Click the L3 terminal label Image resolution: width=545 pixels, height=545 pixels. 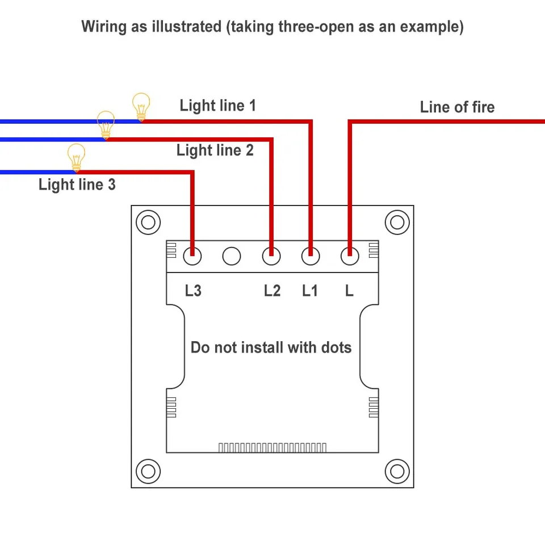click(x=193, y=291)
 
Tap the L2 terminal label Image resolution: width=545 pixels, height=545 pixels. click(x=272, y=291)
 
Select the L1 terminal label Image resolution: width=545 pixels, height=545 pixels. click(x=310, y=291)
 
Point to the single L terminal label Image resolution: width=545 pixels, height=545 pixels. click(x=349, y=291)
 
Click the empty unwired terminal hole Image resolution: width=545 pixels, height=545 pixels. click(x=232, y=257)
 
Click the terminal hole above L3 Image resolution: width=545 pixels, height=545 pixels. click(x=193, y=257)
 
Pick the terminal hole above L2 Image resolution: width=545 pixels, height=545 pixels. click(x=271, y=257)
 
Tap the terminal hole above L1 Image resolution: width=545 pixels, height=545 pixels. click(x=310, y=257)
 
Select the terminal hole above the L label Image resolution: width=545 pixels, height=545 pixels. click(x=350, y=257)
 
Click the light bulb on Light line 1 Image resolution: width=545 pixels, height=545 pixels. click(x=141, y=106)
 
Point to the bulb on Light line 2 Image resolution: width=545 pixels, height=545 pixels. click(x=106, y=124)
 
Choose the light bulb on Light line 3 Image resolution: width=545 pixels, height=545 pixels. click(x=76, y=157)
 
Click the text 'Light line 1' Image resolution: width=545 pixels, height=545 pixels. click(x=217, y=106)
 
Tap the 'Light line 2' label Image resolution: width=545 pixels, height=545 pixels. click(x=215, y=150)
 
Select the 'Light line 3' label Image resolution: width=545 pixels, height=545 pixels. click(x=77, y=185)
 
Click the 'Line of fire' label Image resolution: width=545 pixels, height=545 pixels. click(x=457, y=107)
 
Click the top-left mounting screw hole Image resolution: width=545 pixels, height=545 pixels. click(x=148, y=222)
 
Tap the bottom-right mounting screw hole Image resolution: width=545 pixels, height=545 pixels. click(x=397, y=471)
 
